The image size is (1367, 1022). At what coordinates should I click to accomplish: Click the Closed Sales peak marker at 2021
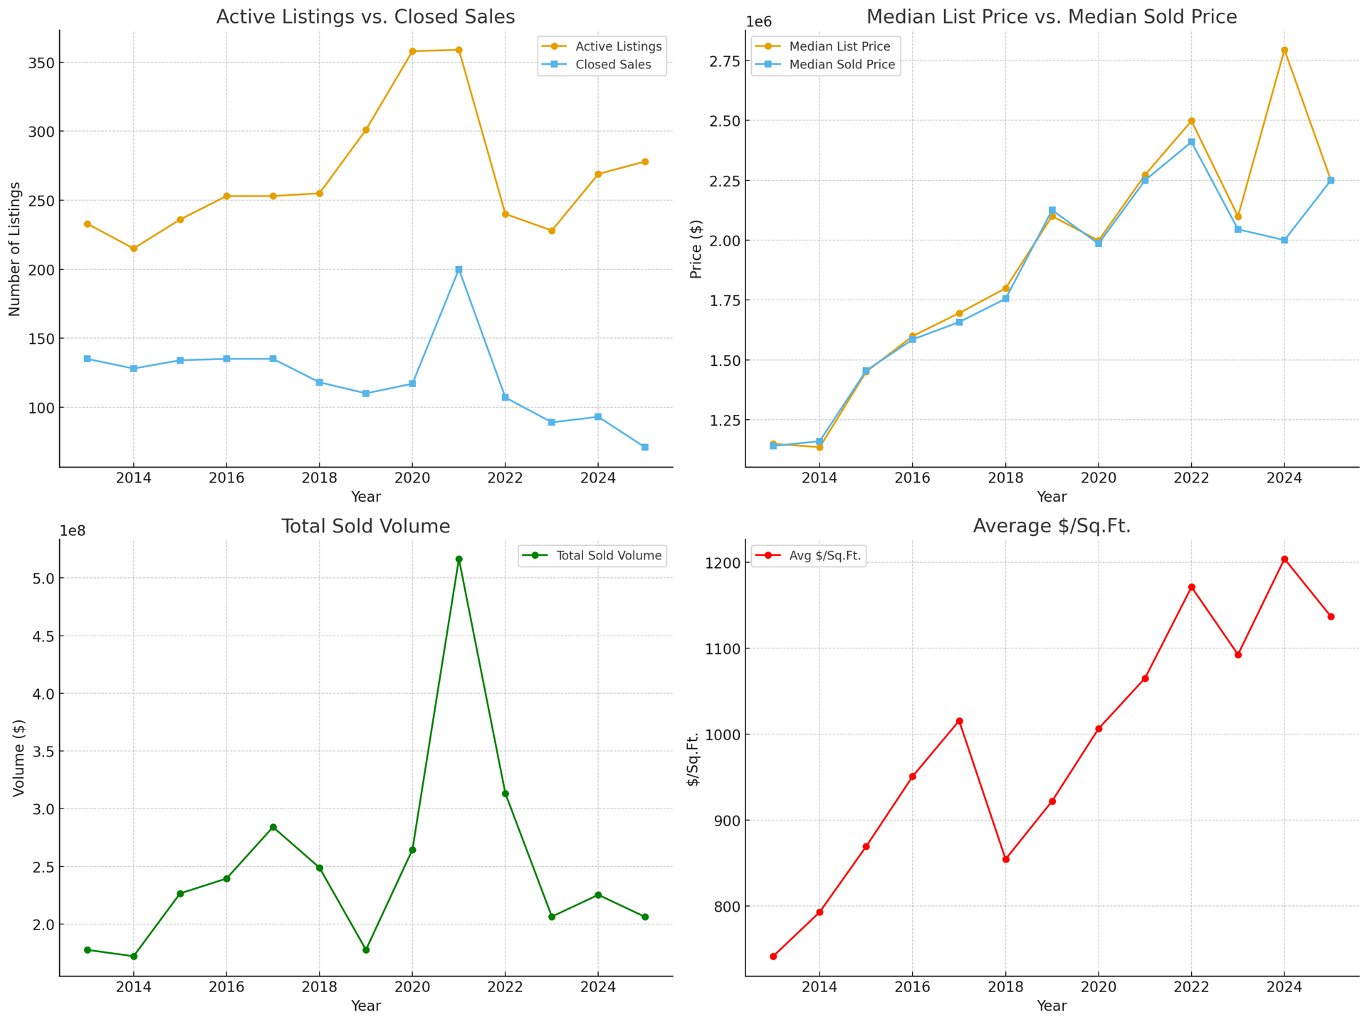point(459,270)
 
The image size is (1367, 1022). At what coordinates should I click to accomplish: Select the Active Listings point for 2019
point(366,130)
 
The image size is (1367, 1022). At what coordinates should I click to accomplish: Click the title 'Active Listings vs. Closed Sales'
point(365,17)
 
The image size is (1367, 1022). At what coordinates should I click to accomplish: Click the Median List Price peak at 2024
point(1284,50)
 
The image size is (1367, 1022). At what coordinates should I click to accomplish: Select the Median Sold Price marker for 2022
point(1191,142)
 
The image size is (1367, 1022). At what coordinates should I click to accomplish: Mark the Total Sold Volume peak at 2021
point(459,559)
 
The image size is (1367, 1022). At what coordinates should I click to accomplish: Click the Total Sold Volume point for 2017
point(273,827)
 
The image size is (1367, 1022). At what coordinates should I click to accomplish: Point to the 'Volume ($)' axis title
point(19,758)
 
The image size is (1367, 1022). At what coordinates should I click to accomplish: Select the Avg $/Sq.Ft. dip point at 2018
point(1005,860)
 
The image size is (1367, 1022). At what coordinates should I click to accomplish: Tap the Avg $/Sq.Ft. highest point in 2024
point(1284,559)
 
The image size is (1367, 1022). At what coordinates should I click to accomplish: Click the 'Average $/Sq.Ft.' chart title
point(1052,526)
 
